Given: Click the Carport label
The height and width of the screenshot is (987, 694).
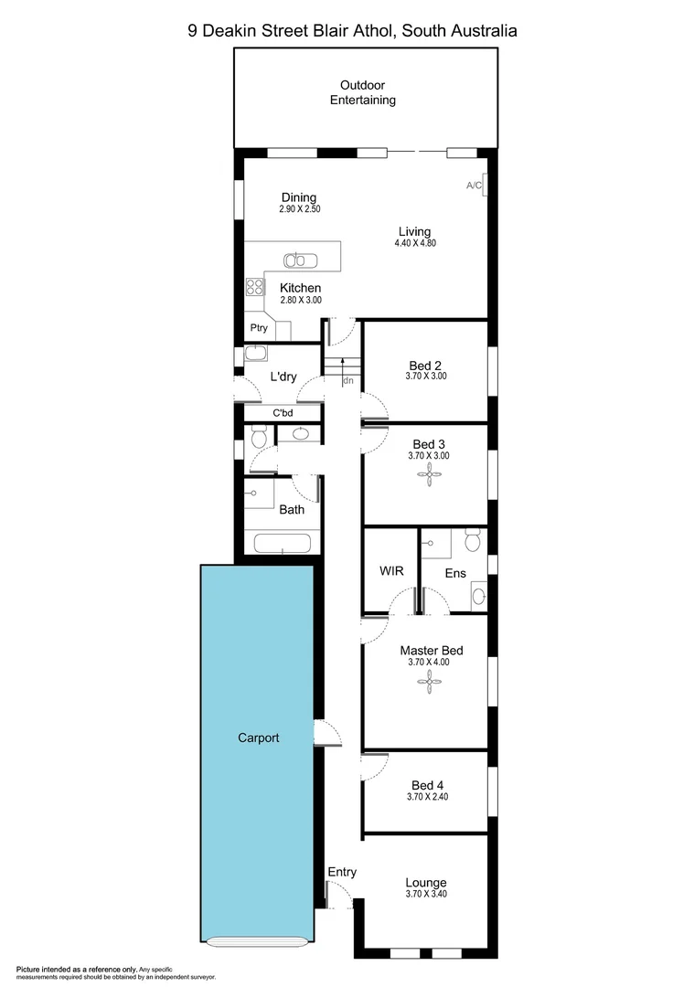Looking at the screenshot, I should [258, 738].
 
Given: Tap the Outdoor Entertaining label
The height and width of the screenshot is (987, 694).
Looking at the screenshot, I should [363, 93].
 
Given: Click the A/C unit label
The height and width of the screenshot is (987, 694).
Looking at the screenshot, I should [474, 186].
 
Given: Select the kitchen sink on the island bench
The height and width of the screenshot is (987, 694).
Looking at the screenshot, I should [298, 260].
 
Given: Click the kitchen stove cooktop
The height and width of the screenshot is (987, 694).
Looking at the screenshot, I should [254, 288].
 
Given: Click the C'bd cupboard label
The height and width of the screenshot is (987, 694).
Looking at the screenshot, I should [283, 413].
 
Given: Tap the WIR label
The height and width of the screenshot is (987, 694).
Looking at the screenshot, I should [392, 571].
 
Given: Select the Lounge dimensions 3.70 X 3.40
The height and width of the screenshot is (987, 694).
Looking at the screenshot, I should [426, 895].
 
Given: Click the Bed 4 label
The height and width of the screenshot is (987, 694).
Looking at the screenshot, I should [426, 785].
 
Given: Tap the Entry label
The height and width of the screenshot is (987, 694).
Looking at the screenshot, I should [342, 872].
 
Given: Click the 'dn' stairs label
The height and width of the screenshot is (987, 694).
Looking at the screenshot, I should [348, 381].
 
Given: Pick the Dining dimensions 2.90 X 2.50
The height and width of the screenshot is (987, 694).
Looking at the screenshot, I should [299, 209].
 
